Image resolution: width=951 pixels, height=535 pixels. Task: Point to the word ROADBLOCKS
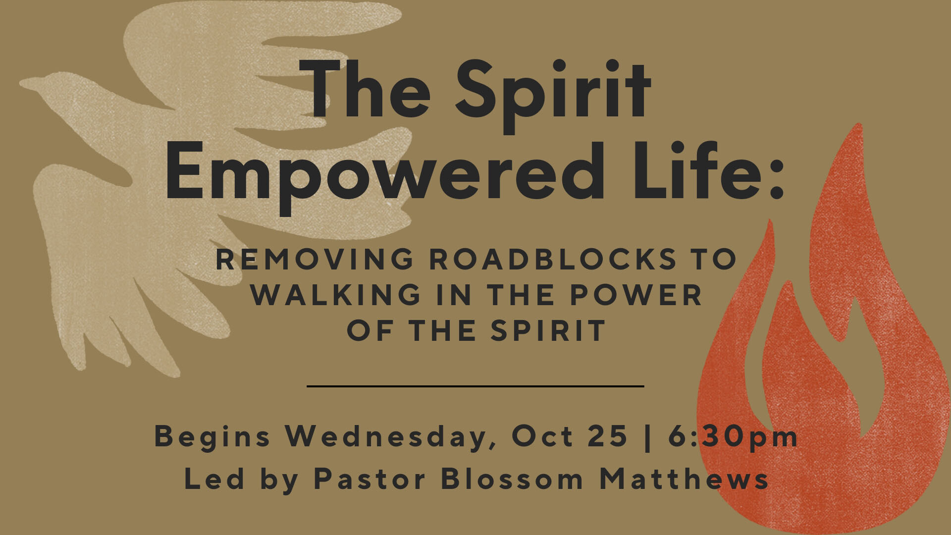[x=553, y=259]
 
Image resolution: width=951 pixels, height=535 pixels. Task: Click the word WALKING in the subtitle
[x=336, y=295]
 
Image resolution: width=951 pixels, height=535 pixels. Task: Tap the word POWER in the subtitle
[x=636, y=295]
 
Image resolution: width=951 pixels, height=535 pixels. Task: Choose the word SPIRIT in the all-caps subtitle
[x=548, y=330]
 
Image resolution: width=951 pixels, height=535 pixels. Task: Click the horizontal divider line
[x=475, y=386]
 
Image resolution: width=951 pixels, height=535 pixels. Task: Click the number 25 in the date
[x=608, y=436]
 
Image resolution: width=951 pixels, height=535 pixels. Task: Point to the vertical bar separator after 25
[x=648, y=437]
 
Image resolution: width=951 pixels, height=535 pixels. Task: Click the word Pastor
[x=370, y=480]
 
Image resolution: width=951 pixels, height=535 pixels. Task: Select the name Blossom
[x=512, y=479]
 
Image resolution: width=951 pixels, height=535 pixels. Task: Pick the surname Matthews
[x=684, y=479]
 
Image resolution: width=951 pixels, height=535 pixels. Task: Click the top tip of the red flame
[x=859, y=124]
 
